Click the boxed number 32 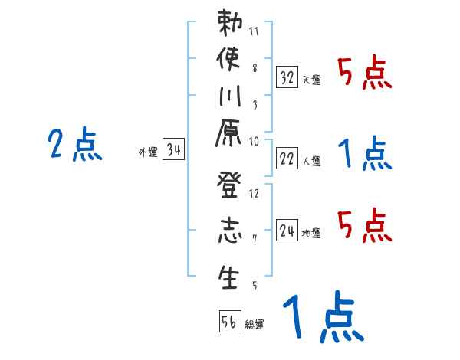pyautogui.click(x=287, y=77)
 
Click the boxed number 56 pyautogui.click(x=229, y=322)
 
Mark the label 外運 pyautogui.click(x=147, y=153)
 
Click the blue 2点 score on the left pyautogui.click(x=74, y=145)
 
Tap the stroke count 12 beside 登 pyautogui.click(x=254, y=192)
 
